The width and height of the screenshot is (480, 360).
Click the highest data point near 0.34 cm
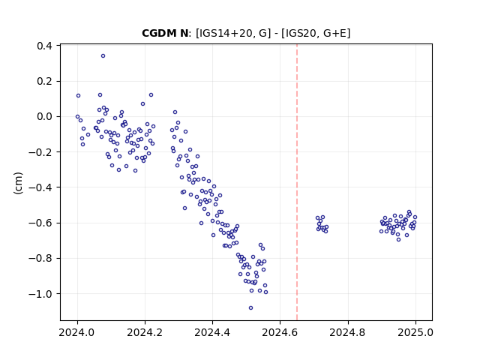(x=103, y=56)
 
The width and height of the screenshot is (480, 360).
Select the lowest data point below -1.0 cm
(x=251, y=308)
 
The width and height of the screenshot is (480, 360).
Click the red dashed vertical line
(x=297, y=182)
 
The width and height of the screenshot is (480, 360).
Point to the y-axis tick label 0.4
(x=44, y=46)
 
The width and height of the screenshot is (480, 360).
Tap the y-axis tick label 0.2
(x=44, y=82)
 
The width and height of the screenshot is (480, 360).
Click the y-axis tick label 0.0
(x=44, y=117)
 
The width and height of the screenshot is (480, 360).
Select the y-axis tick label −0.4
(x=40, y=187)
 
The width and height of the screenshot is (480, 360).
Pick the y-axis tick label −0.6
(x=40, y=223)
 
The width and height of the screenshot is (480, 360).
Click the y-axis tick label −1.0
(x=40, y=294)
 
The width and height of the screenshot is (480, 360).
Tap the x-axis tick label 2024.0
(x=77, y=332)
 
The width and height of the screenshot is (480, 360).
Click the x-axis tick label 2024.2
(x=145, y=332)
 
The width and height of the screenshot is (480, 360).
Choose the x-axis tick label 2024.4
(x=212, y=332)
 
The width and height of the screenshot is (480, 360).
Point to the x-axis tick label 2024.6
(x=280, y=332)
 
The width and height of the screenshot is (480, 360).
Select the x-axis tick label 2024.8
(x=348, y=332)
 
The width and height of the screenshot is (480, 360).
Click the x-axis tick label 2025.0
(x=415, y=332)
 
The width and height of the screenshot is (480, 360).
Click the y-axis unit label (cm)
(x=18, y=183)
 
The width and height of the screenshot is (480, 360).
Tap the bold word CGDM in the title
(x=157, y=33)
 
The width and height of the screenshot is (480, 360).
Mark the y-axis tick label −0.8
(x=40, y=258)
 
